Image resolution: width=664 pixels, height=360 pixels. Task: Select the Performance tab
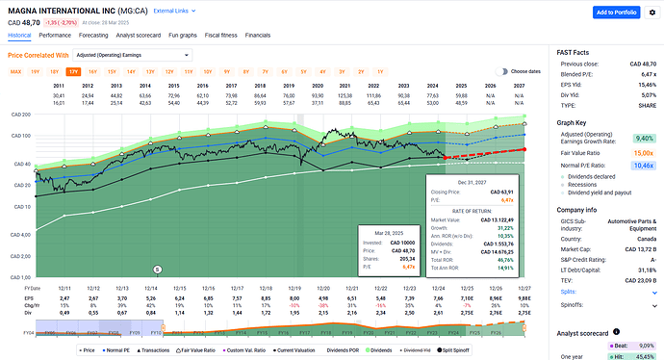55,35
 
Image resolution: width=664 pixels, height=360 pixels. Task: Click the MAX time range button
15,71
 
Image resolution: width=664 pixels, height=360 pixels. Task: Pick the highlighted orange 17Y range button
73,71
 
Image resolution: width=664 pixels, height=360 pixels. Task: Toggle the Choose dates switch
501,71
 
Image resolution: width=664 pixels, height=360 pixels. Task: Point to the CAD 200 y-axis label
19,114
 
